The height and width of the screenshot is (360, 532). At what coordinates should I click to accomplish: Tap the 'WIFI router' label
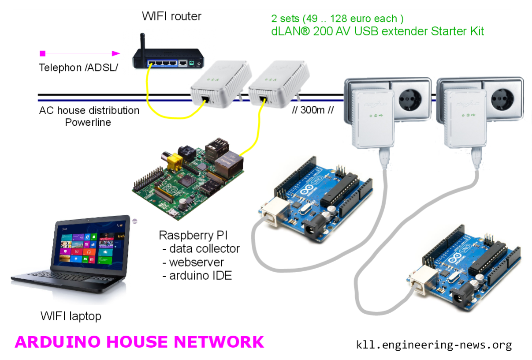[x=171, y=17]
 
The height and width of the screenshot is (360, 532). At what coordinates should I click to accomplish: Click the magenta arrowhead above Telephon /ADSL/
[x=116, y=53]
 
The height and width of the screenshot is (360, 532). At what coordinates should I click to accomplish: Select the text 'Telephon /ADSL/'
[x=78, y=68]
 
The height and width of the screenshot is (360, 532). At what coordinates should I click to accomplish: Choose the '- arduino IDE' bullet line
[x=197, y=276]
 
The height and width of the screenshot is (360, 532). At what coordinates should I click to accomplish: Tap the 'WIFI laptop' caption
[x=71, y=316]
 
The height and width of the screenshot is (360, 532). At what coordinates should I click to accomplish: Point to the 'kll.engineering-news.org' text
[x=434, y=345]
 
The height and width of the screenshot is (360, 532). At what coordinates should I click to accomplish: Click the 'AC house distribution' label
[x=89, y=110]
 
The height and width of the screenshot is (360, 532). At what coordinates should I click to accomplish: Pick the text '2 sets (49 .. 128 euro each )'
[x=337, y=19]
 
